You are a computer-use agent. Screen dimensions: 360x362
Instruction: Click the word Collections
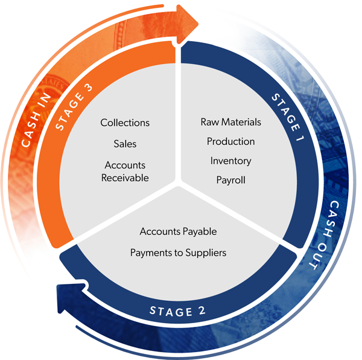tap(125, 123)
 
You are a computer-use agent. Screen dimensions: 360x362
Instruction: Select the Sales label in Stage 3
tap(125, 144)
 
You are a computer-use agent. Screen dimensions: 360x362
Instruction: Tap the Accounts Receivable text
tap(125, 171)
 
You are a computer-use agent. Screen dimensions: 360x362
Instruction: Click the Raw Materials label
tap(231, 122)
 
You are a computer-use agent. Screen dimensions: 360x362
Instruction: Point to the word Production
tap(230, 141)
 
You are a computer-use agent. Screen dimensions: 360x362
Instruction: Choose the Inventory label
tap(230, 161)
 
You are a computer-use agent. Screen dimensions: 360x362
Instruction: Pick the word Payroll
tap(230, 180)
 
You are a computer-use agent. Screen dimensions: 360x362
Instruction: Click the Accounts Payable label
tap(178, 231)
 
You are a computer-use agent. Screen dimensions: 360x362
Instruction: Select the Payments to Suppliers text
tap(178, 252)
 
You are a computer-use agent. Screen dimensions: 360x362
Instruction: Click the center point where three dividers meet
tap(178, 181)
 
